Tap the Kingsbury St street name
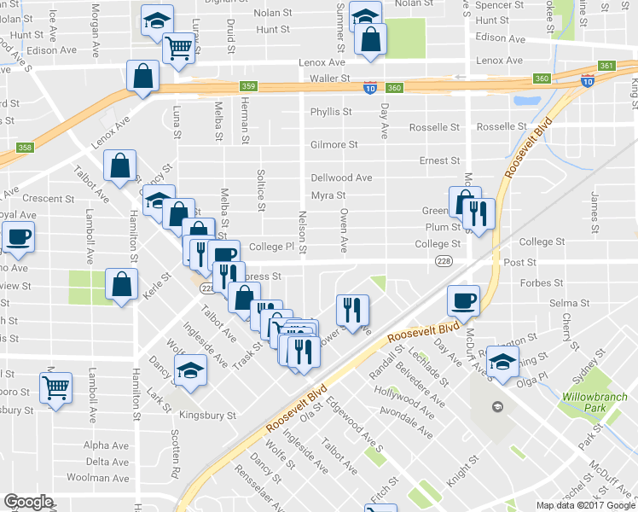tap(207, 416)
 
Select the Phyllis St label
tap(331, 112)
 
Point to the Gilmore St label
tap(333, 145)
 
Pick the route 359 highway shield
tap(248, 86)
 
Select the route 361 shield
tap(606, 66)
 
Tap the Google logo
tap(28, 502)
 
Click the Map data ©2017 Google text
tap(586, 504)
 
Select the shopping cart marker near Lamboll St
tap(56, 388)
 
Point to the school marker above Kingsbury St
tap(190, 370)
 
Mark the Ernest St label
tap(439, 160)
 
